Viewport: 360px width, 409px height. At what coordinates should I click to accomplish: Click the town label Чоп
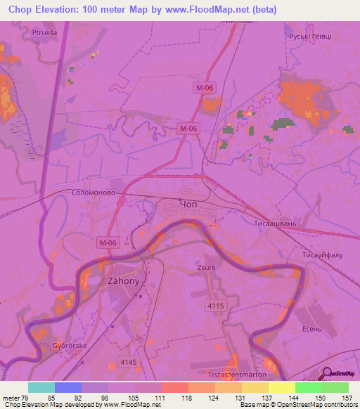click(190, 204)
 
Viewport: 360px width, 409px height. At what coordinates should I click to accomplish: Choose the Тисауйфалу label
click(322, 255)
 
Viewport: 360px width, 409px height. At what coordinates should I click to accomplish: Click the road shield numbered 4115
click(217, 305)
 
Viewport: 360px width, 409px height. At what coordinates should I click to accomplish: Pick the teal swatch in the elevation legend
click(41, 387)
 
